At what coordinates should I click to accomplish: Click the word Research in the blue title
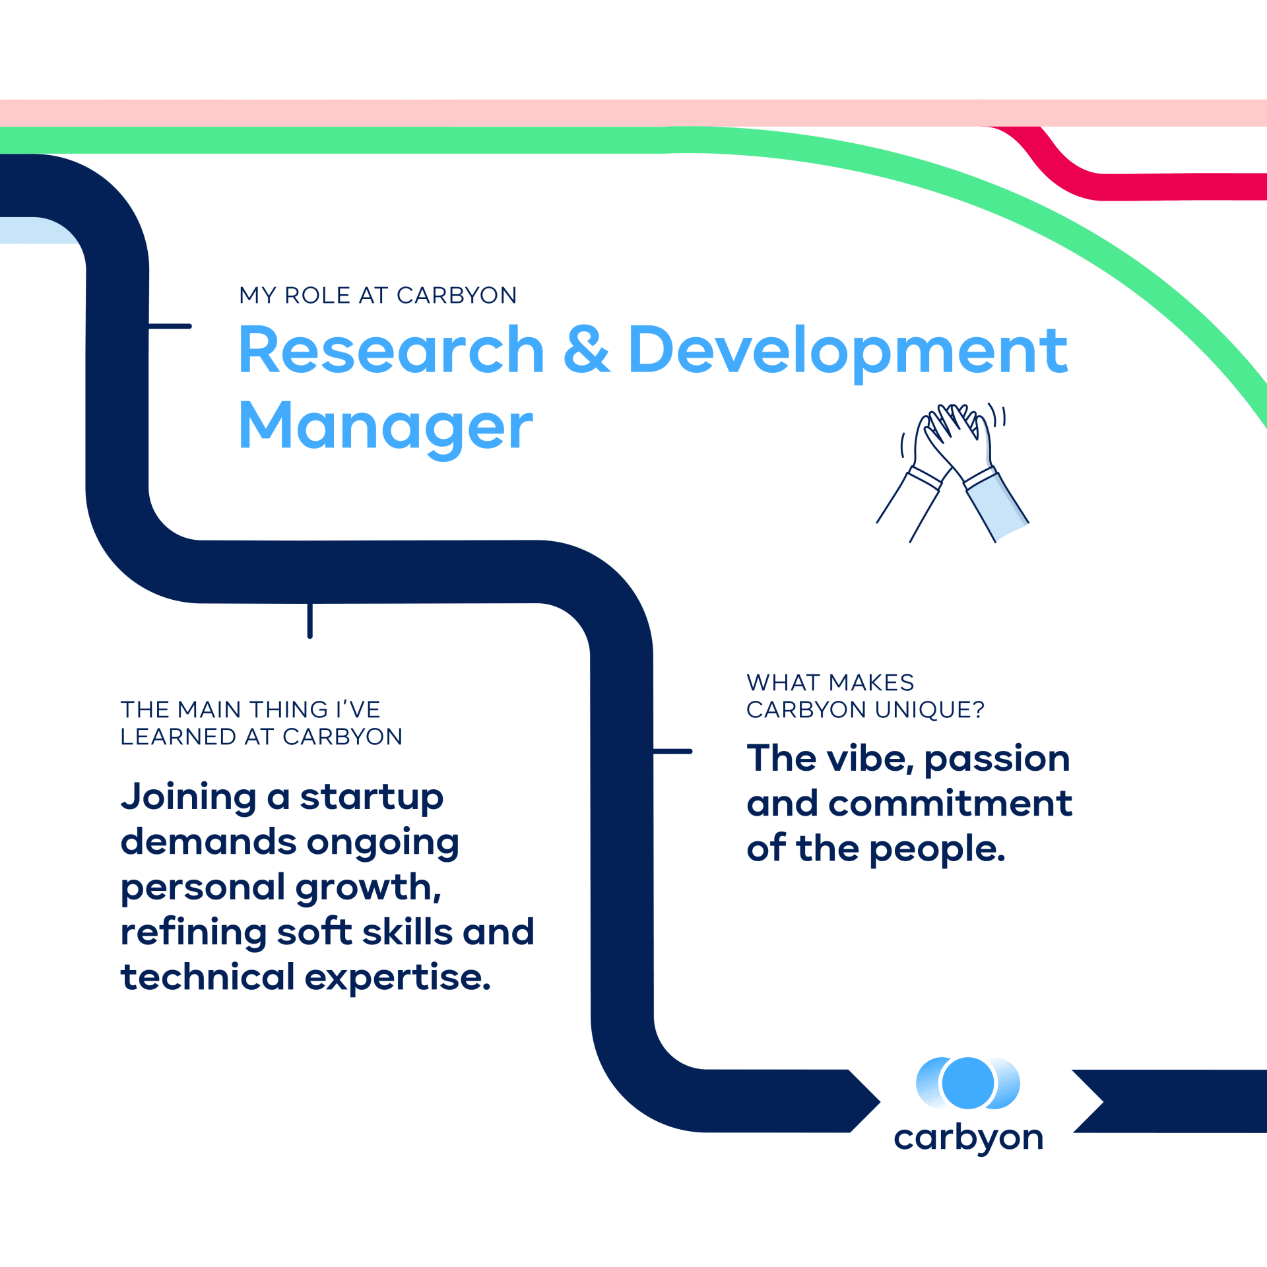click(x=391, y=350)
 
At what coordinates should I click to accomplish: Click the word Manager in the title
click(x=385, y=427)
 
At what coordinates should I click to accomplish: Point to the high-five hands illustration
click(x=952, y=472)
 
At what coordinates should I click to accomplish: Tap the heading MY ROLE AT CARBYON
click(x=378, y=295)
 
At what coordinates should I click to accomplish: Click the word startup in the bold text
click(x=372, y=799)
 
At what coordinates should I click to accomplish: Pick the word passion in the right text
click(x=996, y=760)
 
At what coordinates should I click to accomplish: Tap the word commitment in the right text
click(x=950, y=803)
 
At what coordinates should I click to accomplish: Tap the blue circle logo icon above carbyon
click(x=968, y=1083)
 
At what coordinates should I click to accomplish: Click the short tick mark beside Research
click(x=170, y=326)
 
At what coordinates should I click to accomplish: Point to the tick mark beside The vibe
click(x=672, y=751)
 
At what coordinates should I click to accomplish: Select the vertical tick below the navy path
click(x=309, y=620)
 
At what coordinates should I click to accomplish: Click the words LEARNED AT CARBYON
click(x=261, y=737)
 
